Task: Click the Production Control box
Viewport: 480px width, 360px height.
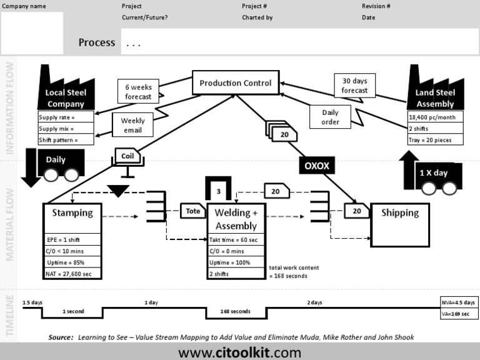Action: pos(235,83)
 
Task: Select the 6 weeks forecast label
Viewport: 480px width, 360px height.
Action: pos(137,92)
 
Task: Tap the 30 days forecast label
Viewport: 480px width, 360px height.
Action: pos(354,86)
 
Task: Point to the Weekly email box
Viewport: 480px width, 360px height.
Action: pos(132,125)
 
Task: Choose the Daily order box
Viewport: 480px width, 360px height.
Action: pos(330,117)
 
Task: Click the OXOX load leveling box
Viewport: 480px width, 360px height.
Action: pos(317,166)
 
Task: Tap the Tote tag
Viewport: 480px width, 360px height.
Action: pos(193,211)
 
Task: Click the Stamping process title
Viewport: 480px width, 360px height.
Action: pos(72,213)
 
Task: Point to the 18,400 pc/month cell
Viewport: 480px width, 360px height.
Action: pos(435,117)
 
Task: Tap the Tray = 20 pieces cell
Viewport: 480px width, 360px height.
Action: pos(435,140)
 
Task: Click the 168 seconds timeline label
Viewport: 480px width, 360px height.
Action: pos(236,311)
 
